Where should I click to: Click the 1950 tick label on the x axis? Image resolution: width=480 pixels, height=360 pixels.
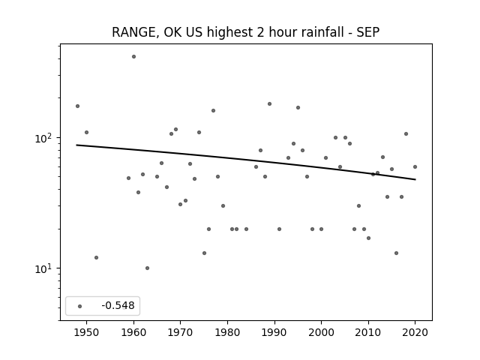coord(87,332)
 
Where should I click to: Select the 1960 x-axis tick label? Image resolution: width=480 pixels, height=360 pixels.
coord(133,332)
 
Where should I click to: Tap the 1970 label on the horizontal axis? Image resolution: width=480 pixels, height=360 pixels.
coord(181,332)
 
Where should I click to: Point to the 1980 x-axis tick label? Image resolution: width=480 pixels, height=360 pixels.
coord(227,332)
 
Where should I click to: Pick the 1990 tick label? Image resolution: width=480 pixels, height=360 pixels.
coord(274,332)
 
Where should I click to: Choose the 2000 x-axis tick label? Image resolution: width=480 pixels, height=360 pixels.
coord(322,332)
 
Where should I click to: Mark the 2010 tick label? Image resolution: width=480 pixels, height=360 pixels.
coord(368,332)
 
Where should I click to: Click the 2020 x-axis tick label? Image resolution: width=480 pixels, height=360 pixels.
coord(415,332)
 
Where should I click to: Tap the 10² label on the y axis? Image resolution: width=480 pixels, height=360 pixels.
coord(43,138)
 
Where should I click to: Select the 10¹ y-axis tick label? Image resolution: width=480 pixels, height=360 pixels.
coord(43,268)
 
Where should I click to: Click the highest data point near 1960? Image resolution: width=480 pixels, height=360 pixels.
coord(133,57)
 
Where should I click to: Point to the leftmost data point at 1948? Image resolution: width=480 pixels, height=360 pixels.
coord(77,106)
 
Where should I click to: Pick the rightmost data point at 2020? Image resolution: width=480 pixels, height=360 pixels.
coord(415,166)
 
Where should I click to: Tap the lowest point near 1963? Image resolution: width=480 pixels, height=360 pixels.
coord(147,268)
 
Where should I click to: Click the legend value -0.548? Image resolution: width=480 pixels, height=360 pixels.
coord(118,305)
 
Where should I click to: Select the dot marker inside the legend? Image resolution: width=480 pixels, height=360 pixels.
coord(80,306)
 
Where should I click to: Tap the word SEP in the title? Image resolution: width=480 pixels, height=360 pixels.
coord(368,32)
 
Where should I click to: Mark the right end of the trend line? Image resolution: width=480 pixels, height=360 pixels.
coord(415,179)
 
